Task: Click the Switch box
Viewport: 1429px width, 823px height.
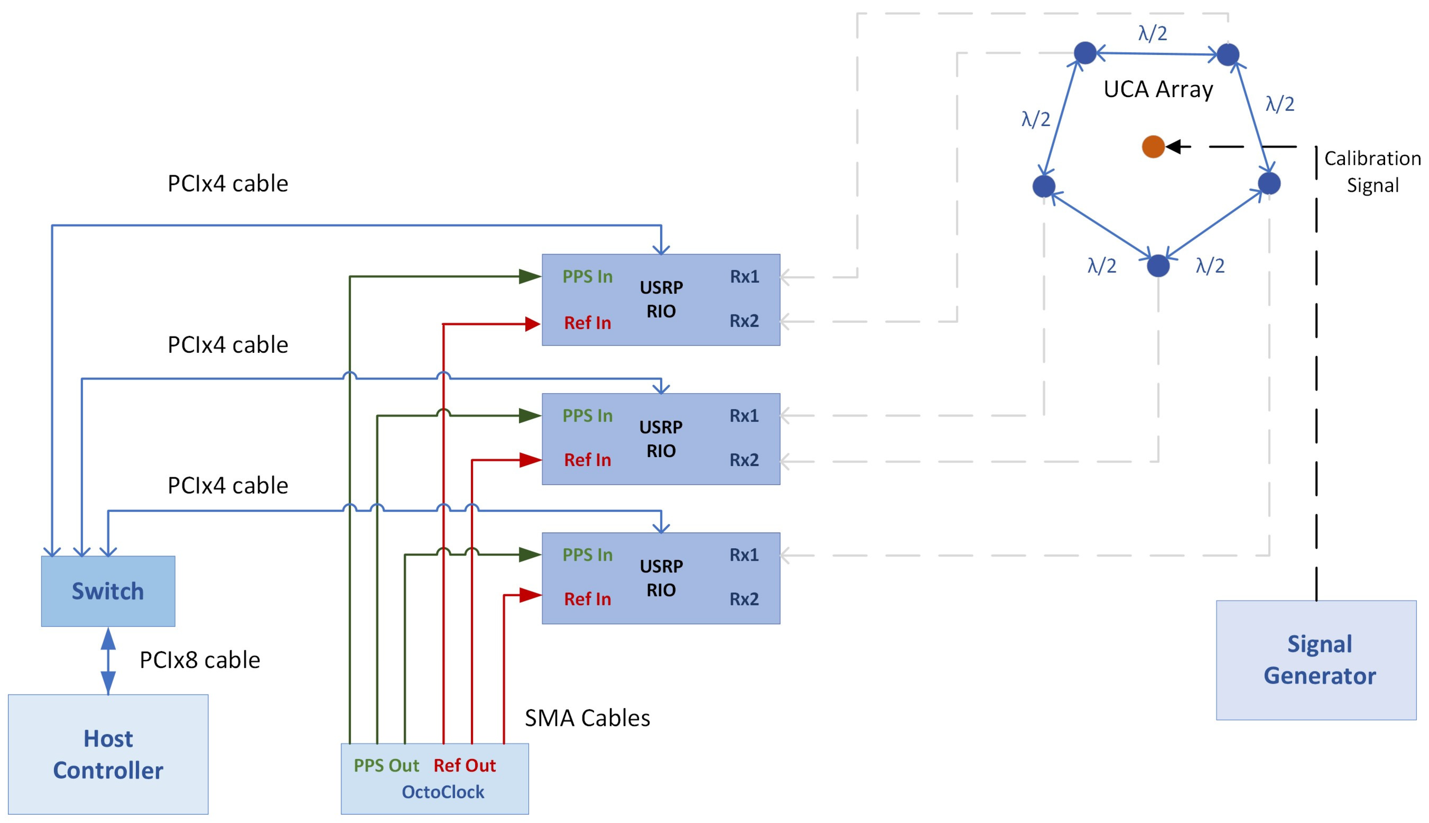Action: pos(108,591)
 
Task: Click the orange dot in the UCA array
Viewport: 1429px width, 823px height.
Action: pos(1153,147)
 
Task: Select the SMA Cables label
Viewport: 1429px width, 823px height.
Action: pos(587,718)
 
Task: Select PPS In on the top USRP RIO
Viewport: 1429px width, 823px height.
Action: pos(587,276)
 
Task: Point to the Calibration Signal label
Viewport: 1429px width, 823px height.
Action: pos(1372,172)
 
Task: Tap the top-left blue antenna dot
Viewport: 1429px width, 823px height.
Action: pos(1084,53)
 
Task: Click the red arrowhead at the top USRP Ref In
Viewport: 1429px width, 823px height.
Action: pos(532,324)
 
